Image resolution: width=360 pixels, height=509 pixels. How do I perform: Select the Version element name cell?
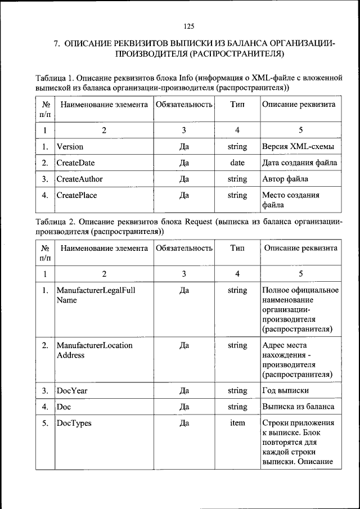tap(70, 147)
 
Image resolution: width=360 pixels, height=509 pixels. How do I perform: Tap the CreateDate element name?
tap(75, 163)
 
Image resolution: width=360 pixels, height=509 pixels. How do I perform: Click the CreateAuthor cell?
tap(79, 179)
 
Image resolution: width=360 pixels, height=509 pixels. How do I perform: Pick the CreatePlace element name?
tap(77, 196)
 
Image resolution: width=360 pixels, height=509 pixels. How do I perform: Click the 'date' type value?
tap(237, 163)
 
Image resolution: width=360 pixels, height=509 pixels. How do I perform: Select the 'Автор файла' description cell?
tap(285, 179)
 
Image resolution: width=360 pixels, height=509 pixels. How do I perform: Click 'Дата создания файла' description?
tap(300, 163)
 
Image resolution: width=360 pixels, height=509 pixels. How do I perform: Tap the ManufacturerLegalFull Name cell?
tap(96, 295)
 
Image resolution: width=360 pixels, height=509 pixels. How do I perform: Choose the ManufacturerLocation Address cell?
tap(94, 350)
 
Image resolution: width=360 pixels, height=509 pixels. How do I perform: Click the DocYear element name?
tap(72, 390)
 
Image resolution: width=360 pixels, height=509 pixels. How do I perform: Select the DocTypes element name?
tap(74, 423)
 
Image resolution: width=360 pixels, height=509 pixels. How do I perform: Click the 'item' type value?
tap(237, 423)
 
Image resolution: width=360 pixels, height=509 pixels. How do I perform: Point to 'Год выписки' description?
tap(286, 390)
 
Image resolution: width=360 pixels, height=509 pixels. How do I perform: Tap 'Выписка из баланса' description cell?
tap(298, 407)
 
